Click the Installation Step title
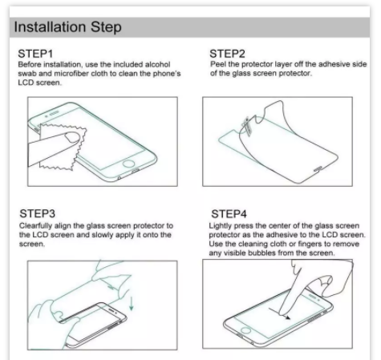click(67, 27)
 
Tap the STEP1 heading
click(35, 54)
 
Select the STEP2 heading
click(227, 54)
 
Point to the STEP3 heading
click(38, 213)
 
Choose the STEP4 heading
click(229, 214)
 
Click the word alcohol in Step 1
click(157, 64)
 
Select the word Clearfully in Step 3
click(35, 226)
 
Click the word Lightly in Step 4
click(220, 226)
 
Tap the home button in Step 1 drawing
click(128, 164)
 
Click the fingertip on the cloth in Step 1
click(72, 137)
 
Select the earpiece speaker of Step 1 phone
click(55, 114)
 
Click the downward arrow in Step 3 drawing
click(132, 303)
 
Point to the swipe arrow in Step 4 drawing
click(280, 313)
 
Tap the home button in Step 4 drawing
click(245, 330)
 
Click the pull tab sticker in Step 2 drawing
click(247, 127)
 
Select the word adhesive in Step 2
click(334, 64)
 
